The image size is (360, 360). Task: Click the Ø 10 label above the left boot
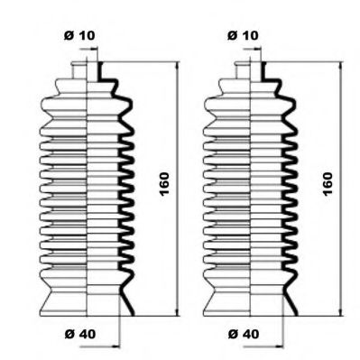pos(79,35)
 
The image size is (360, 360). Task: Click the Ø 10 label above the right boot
pos(243,35)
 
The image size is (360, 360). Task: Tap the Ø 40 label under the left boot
pos(80,334)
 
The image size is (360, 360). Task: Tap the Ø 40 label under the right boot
pos(244,334)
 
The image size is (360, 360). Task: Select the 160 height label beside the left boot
pos(164,184)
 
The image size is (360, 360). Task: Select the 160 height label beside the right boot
pos(328,184)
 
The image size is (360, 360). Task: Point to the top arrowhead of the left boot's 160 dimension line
pos(177,67)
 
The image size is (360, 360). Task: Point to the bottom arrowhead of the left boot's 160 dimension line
pos(177,311)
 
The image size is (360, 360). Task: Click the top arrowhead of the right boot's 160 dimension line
pos(341,67)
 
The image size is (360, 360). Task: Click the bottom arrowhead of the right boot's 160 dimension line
pos(341,311)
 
